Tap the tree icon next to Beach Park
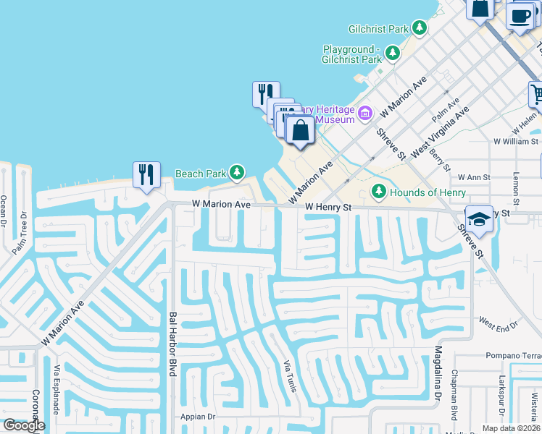pyautogui.click(x=236, y=173)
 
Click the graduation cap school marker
pyautogui.click(x=479, y=219)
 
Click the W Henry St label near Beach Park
pyautogui.click(x=328, y=207)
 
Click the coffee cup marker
pyautogui.click(x=520, y=16)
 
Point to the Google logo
pyautogui.click(x=23, y=425)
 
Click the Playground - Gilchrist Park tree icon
pyautogui.click(x=392, y=52)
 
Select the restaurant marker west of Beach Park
pyautogui.click(x=146, y=175)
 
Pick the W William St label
pyautogui.click(x=516, y=142)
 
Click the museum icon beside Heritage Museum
pyautogui.click(x=365, y=112)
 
